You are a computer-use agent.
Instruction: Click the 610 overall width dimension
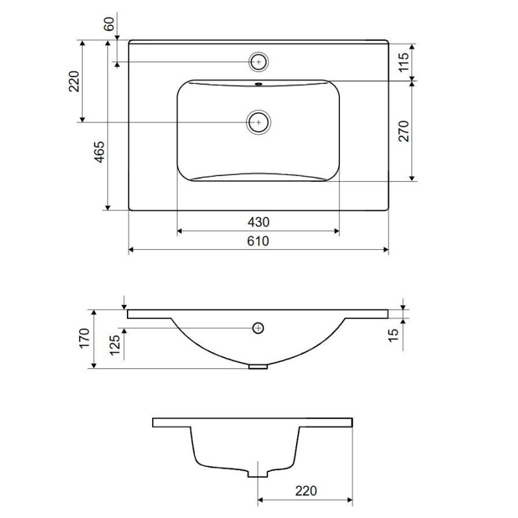click(258, 241)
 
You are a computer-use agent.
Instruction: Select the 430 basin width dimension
click(258, 222)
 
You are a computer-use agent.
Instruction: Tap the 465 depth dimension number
click(100, 152)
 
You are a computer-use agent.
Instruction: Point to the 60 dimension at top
click(109, 24)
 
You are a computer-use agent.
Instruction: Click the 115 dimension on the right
click(403, 62)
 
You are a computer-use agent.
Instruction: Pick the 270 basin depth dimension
click(403, 131)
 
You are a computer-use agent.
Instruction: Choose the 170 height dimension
click(84, 337)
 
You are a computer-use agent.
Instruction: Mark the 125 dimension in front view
click(115, 345)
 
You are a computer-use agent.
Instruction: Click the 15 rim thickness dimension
click(394, 335)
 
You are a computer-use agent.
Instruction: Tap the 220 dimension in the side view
click(306, 491)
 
